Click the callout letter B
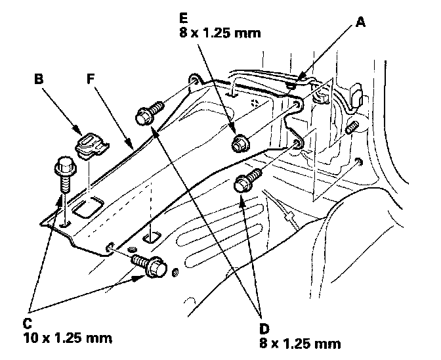click(x=39, y=79)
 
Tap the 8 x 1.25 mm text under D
click(x=301, y=342)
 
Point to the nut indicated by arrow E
click(x=240, y=142)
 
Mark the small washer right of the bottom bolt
click(x=175, y=271)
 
